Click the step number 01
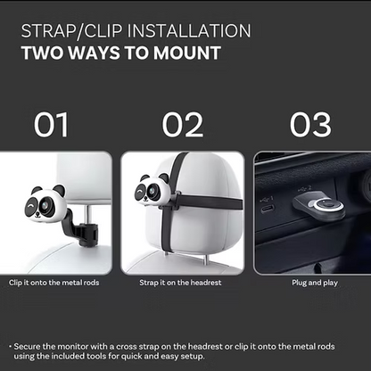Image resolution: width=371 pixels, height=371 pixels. coord(51,125)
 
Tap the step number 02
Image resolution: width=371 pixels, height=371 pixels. coord(183,125)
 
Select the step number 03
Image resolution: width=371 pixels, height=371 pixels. coord(310,125)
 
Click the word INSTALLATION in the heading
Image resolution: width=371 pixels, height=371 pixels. coord(189,30)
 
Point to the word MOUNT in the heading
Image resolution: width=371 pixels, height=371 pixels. coord(187,53)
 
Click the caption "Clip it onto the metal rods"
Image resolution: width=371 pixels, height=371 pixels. coord(54,283)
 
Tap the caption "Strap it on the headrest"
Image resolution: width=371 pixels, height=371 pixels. coord(180,283)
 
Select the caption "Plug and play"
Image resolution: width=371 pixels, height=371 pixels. coord(315,283)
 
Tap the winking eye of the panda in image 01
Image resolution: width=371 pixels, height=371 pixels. coord(30,205)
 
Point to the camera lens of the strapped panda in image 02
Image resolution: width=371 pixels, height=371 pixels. coord(152,190)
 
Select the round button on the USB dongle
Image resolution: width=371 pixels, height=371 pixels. coord(326,204)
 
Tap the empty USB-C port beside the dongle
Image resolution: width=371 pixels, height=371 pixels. coord(268,209)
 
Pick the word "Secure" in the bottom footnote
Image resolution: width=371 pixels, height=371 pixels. coord(27,347)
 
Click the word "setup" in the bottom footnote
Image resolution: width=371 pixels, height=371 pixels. coord(194,357)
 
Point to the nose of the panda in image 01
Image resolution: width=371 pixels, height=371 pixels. coord(37,213)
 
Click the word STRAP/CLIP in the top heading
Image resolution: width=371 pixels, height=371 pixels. coord(71,31)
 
